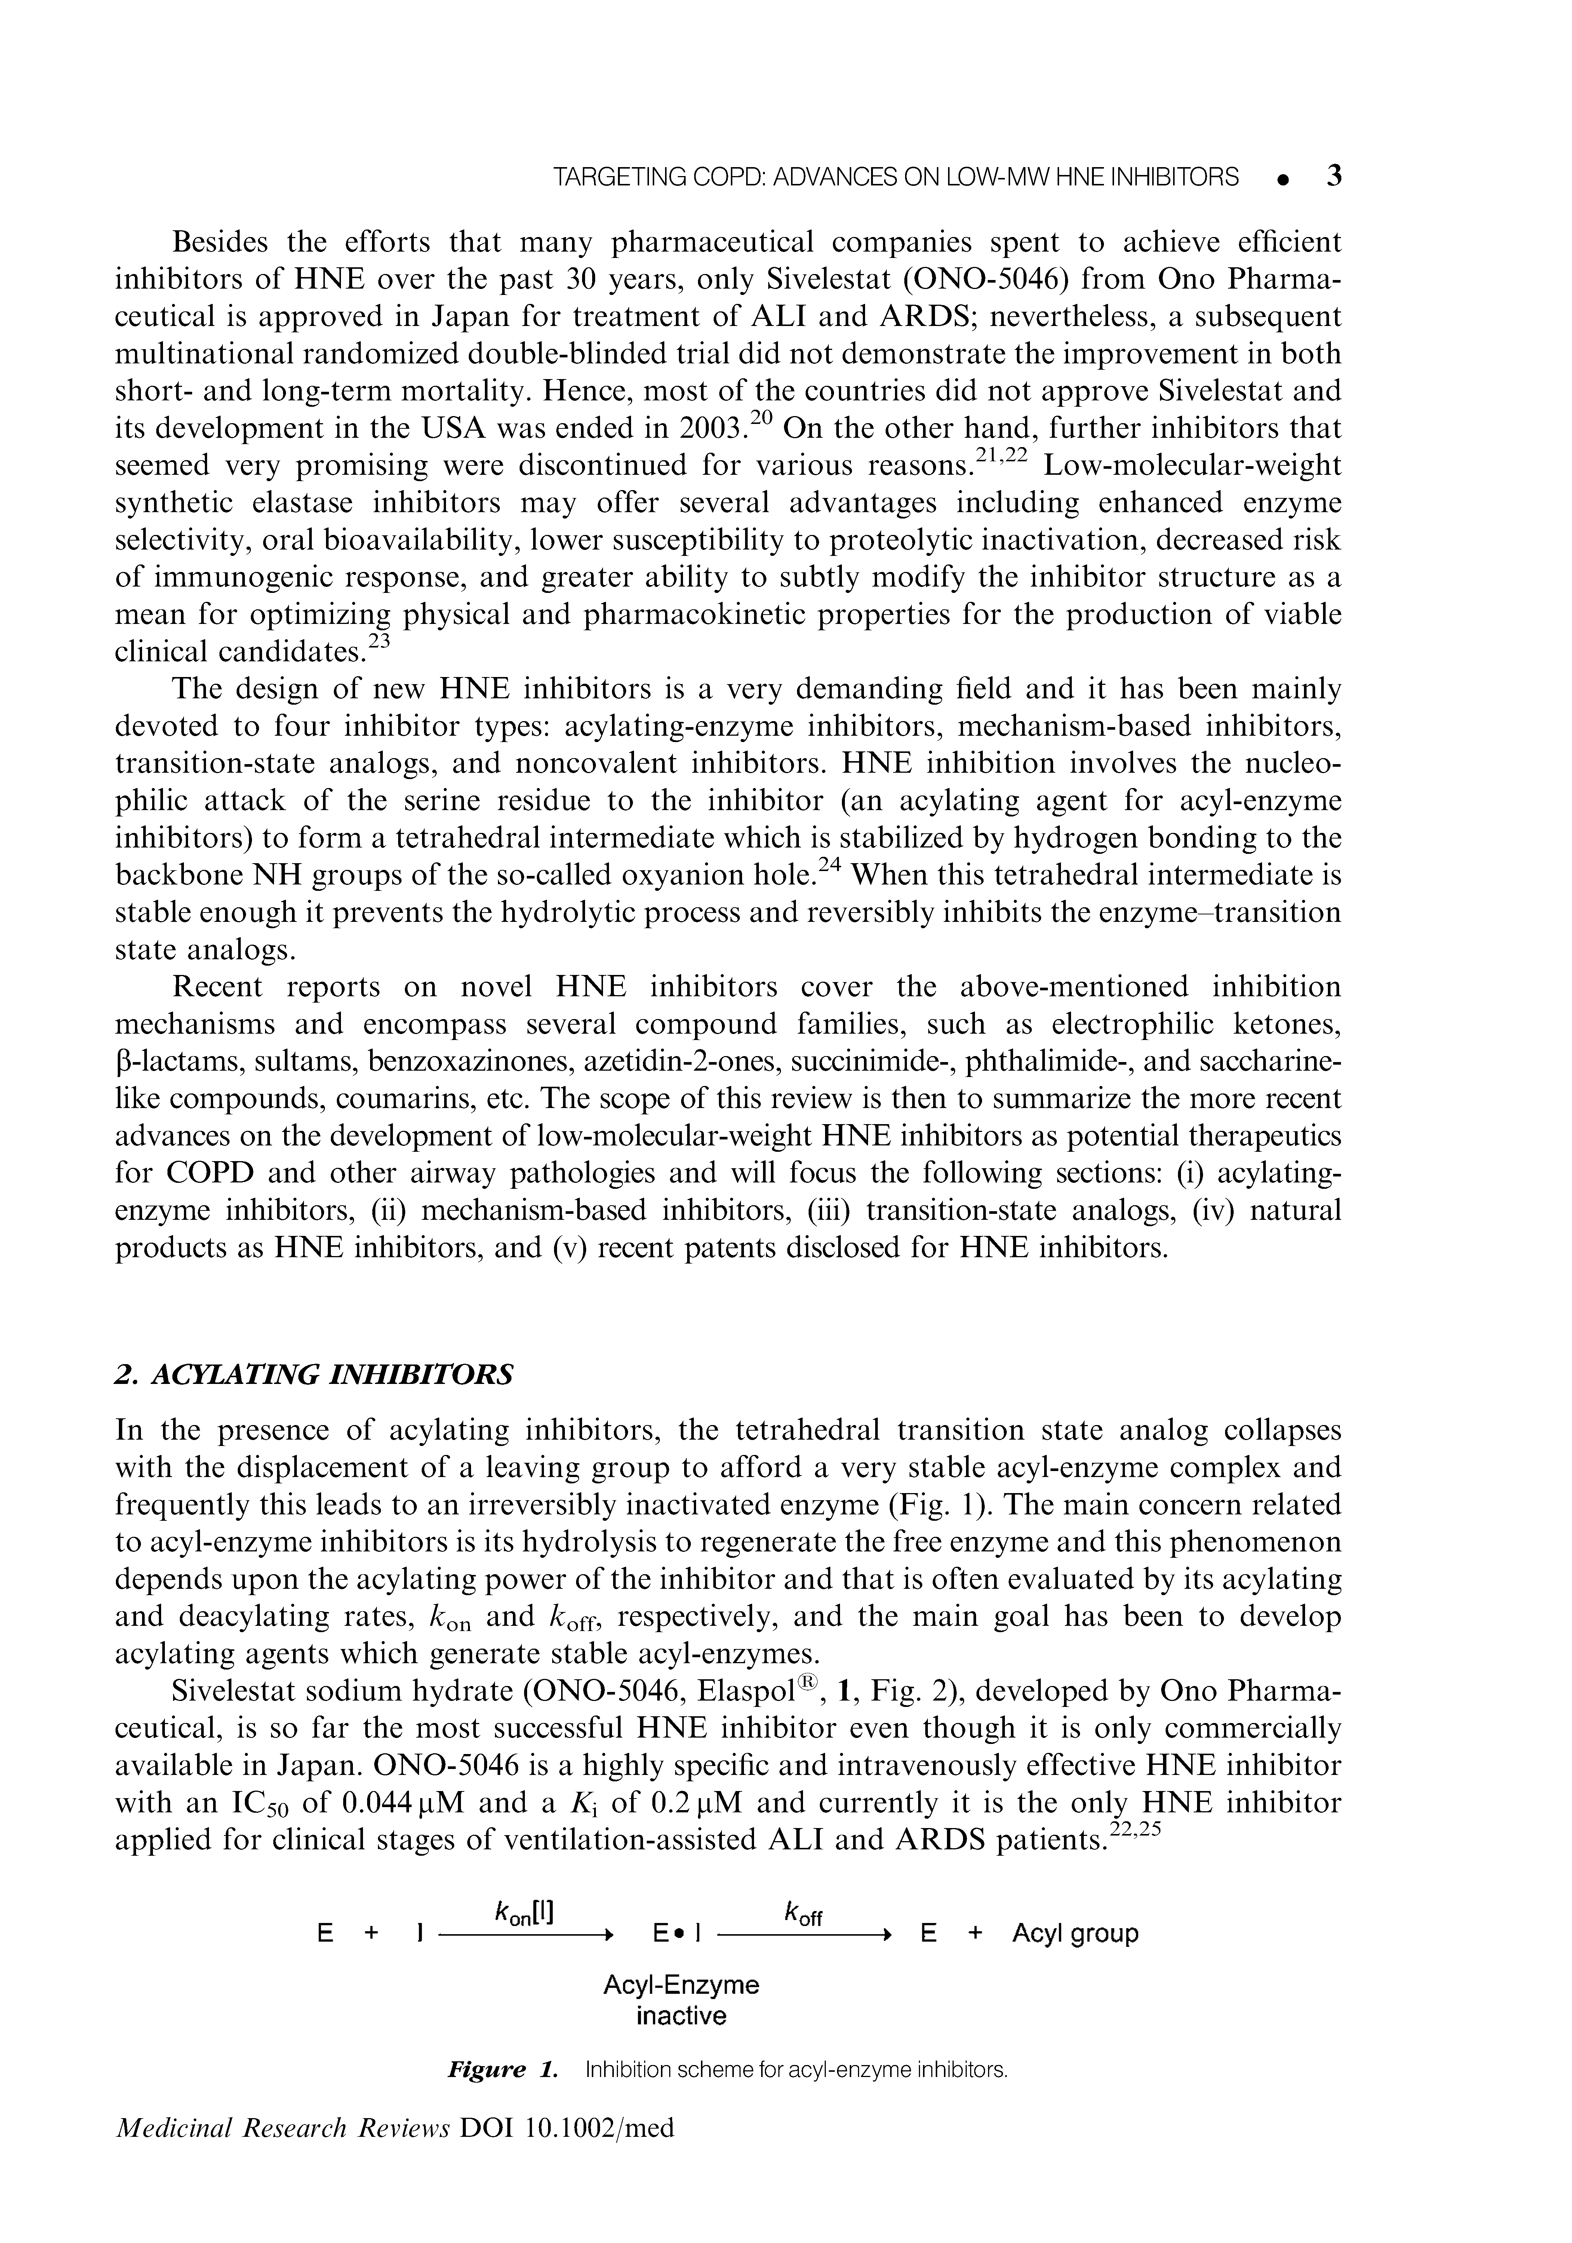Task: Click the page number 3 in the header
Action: [1333, 177]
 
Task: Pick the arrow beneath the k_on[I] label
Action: [526, 1934]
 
